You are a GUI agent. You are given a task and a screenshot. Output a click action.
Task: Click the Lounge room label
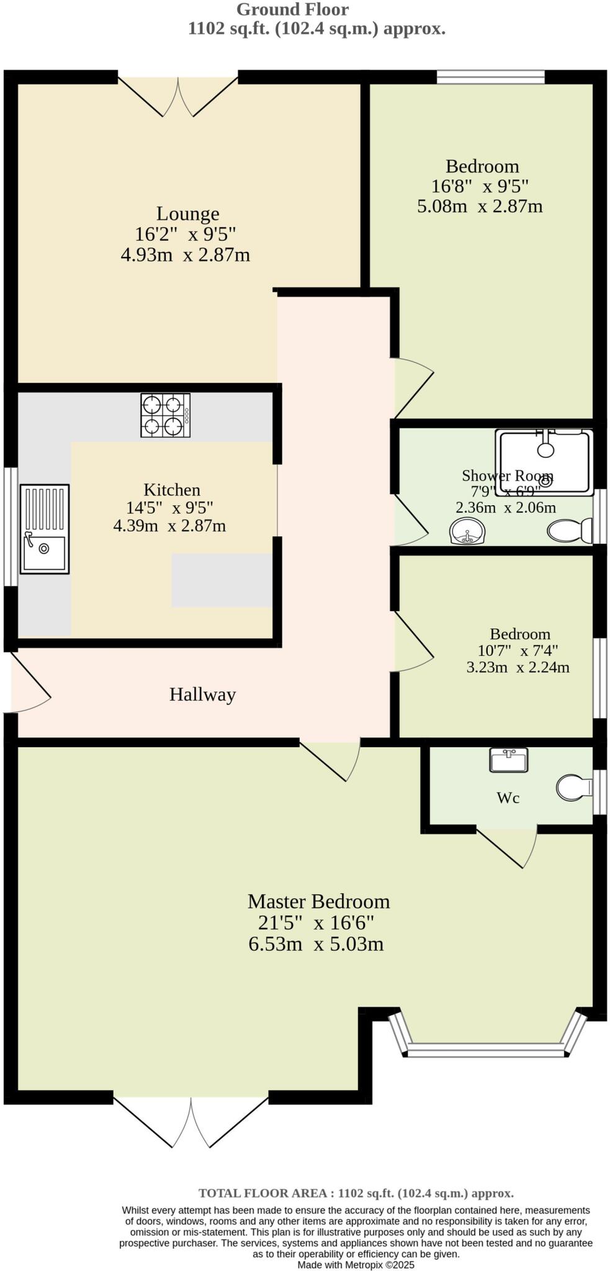click(x=187, y=213)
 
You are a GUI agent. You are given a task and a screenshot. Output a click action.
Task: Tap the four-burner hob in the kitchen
click(x=165, y=415)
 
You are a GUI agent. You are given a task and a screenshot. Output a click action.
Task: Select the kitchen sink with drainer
click(x=44, y=529)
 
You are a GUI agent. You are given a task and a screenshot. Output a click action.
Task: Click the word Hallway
click(x=202, y=694)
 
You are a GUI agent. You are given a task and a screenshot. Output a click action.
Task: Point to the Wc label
click(x=508, y=798)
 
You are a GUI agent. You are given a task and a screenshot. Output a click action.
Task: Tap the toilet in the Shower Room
click(x=570, y=531)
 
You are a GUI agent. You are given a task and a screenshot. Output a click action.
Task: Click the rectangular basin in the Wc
click(x=509, y=760)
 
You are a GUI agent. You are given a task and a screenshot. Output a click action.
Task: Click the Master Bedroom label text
click(x=318, y=901)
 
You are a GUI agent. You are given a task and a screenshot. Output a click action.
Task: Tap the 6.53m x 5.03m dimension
click(x=316, y=944)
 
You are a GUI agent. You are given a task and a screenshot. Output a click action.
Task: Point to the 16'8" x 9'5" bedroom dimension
click(x=480, y=186)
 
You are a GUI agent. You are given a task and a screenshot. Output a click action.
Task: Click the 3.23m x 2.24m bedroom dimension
click(x=518, y=668)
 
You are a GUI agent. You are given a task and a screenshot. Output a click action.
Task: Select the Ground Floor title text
click(x=293, y=10)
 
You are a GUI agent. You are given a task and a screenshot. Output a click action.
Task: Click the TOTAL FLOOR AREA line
click(x=356, y=1193)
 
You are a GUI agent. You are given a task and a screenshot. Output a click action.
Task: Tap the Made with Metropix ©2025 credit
click(x=356, y=1265)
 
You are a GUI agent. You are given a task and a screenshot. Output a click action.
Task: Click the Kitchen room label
click(x=172, y=490)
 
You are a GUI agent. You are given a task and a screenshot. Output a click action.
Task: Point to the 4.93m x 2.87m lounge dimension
click(x=186, y=255)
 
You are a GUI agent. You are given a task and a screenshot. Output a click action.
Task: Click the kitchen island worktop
click(x=222, y=580)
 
